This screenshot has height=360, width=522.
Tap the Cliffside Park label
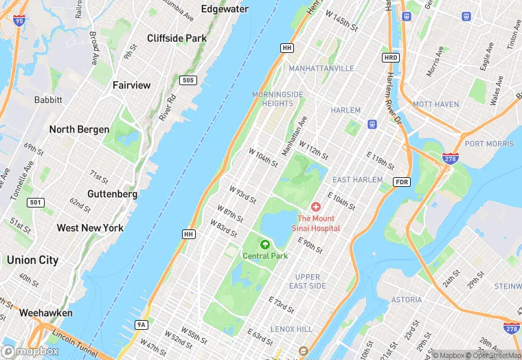[177, 38]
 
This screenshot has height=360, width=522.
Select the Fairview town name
[131, 85]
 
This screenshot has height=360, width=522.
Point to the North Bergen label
[79, 129]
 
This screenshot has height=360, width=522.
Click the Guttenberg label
[113, 194]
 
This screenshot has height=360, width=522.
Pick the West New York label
[90, 228]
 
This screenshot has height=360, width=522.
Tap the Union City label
[32, 260]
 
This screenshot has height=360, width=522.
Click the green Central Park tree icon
[265, 244]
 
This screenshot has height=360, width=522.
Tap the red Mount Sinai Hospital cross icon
[316, 207]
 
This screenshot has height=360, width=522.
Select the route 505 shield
[188, 81]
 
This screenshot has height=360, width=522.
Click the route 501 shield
[36, 203]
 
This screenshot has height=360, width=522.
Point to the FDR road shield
[402, 181]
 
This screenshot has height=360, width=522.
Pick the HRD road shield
[391, 57]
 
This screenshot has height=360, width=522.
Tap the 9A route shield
[142, 324]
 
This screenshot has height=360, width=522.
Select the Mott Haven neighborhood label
[435, 104]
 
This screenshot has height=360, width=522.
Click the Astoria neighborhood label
[407, 300]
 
